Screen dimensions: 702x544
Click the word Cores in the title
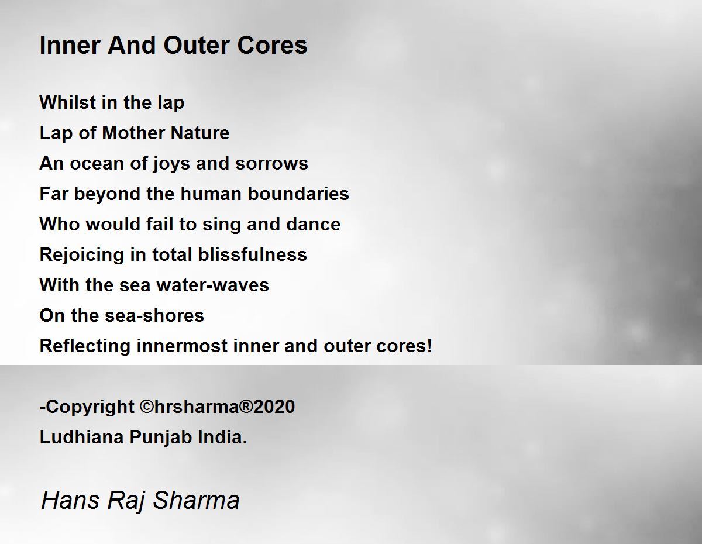272,45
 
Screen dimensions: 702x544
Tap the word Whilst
68,102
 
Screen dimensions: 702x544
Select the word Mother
133,133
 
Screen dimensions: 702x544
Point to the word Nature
200,133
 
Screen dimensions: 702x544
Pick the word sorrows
271,163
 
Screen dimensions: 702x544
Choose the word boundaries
298,194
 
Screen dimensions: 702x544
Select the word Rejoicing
82,255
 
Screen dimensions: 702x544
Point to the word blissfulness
252,254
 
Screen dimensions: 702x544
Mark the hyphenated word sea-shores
154,315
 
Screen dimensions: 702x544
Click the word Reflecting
85,346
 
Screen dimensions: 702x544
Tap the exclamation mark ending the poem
429,345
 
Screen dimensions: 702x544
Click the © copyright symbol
147,407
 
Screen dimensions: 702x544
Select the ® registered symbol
246,407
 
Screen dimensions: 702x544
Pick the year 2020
274,407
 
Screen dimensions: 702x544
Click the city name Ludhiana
82,437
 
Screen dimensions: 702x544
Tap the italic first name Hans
70,500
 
